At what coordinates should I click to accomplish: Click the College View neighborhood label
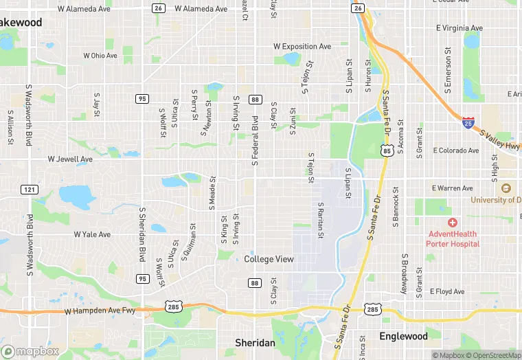(x=269, y=259)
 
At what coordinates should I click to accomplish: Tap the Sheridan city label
(x=255, y=342)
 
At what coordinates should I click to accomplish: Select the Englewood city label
(x=403, y=337)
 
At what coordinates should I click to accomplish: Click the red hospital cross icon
(x=452, y=223)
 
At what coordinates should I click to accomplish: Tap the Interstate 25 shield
(x=468, y=122)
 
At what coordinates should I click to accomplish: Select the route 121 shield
(x=29, y=189)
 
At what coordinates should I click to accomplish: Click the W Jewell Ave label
(x=70, y=159)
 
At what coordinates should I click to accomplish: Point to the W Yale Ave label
(x=92, y=234)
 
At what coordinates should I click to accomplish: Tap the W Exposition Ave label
(x=302, y=47)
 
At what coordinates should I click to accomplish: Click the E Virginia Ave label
(x=459, y=29)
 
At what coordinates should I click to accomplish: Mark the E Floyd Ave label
(x=447, y=291)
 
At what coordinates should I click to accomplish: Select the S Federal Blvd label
(x=255, y=140)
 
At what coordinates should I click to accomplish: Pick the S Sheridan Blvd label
(x=142, y=234)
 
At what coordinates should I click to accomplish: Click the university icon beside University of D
(x=506, y=188)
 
